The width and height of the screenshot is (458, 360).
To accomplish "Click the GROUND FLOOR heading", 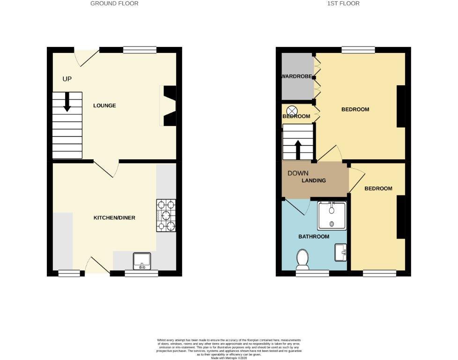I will [x=114, y=3].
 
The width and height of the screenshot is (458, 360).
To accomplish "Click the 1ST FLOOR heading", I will [x=344, y=3].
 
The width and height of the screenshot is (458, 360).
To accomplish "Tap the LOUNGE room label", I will [x=104, y=105].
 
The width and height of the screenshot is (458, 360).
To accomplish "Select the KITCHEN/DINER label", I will [x=114, y=218].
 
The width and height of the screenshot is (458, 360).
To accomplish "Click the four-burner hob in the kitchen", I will [x=166, y=216].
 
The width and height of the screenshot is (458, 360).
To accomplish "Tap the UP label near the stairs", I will [x=67, y=79].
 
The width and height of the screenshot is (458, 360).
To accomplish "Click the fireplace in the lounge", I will [x=169, y=106].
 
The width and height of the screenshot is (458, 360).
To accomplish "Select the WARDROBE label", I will [x=296, y=76].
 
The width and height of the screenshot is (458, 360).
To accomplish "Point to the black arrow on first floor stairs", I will [x=297, y=150].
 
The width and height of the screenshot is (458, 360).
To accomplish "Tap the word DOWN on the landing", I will [x=298, y=173].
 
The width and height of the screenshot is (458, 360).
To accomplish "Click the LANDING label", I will [x=313, y=180].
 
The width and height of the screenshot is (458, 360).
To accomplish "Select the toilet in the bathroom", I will [x=303, y=259].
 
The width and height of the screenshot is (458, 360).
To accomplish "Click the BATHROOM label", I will [x=314, y=237].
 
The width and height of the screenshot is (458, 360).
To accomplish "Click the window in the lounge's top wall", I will [x=140, y=50].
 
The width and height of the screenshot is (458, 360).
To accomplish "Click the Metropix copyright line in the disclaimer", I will [x=229, y=358].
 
